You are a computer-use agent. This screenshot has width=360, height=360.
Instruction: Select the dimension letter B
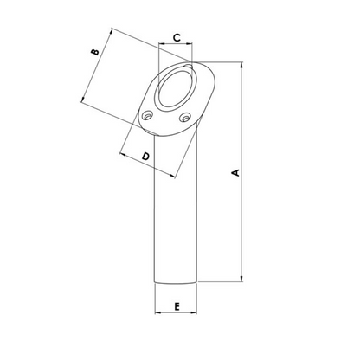(x=95, y=54)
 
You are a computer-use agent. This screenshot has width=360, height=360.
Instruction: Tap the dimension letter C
(x=176, y=37)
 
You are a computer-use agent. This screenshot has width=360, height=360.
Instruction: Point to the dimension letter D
(x=145, y=156)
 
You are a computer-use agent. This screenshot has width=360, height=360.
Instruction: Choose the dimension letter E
(x=176, y=307)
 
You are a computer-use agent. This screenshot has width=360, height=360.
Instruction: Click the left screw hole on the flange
(x=149, y=115)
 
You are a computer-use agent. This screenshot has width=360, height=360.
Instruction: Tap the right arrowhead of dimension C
(x=192, y=46)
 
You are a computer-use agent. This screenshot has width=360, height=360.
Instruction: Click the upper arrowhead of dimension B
(x=112, y=32)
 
